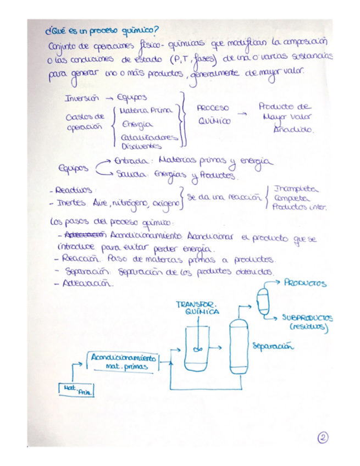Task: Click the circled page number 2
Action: (323, 438)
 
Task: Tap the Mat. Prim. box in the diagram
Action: (75, 390)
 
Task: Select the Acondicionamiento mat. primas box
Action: (123, 360)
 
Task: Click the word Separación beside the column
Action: (271, 347)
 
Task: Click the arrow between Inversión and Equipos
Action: (109, 98)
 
